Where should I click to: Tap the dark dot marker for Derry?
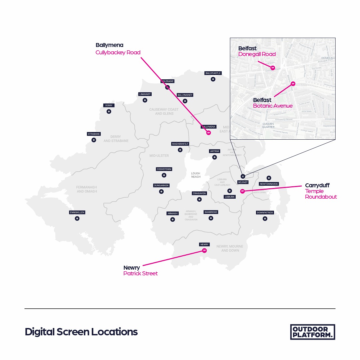[109, 111]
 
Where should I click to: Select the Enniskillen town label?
[77, 212]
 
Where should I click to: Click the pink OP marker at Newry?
[205, 250]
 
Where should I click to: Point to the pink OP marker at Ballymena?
[209, 133]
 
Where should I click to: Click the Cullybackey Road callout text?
[118, 52]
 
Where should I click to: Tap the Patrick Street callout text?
[140, 273]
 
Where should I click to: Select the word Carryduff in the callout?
[317, 185]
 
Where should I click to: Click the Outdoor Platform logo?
[312, 332]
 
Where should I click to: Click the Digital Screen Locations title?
[81, 332]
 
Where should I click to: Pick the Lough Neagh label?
[196, 175]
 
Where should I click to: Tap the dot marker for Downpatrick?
[265, 219]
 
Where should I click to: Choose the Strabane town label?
[94, 134]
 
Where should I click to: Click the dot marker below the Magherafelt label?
[180, 150]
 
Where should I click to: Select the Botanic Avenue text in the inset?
[273, 106]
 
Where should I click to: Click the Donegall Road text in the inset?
[257, 54]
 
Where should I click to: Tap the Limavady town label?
[145, 94]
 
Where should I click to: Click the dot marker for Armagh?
[172, 219]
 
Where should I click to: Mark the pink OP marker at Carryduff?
[242, 191]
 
